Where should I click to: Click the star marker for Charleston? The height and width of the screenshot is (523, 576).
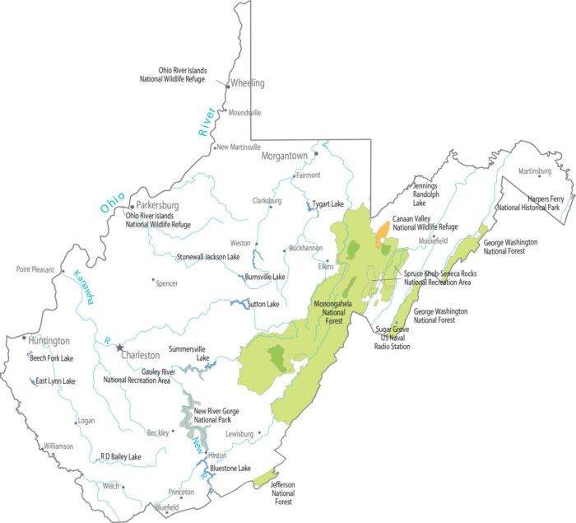click(x=119, y=348)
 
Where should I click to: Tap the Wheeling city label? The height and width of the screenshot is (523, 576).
click(x=249, y=83)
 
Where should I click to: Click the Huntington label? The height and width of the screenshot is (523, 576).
click(x=49, y=340)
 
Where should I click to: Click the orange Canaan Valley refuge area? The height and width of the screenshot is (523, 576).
click(x=383, y=234)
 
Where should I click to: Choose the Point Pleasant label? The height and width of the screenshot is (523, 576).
click(x=35, y=269)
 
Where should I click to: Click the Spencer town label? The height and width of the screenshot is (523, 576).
click(x=166, y=283)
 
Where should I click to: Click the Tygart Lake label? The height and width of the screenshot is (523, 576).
click(x=328, y=203)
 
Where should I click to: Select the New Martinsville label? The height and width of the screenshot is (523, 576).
click(x=239, y=147)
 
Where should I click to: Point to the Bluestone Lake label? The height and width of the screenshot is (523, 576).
click(x=230, y=468)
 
